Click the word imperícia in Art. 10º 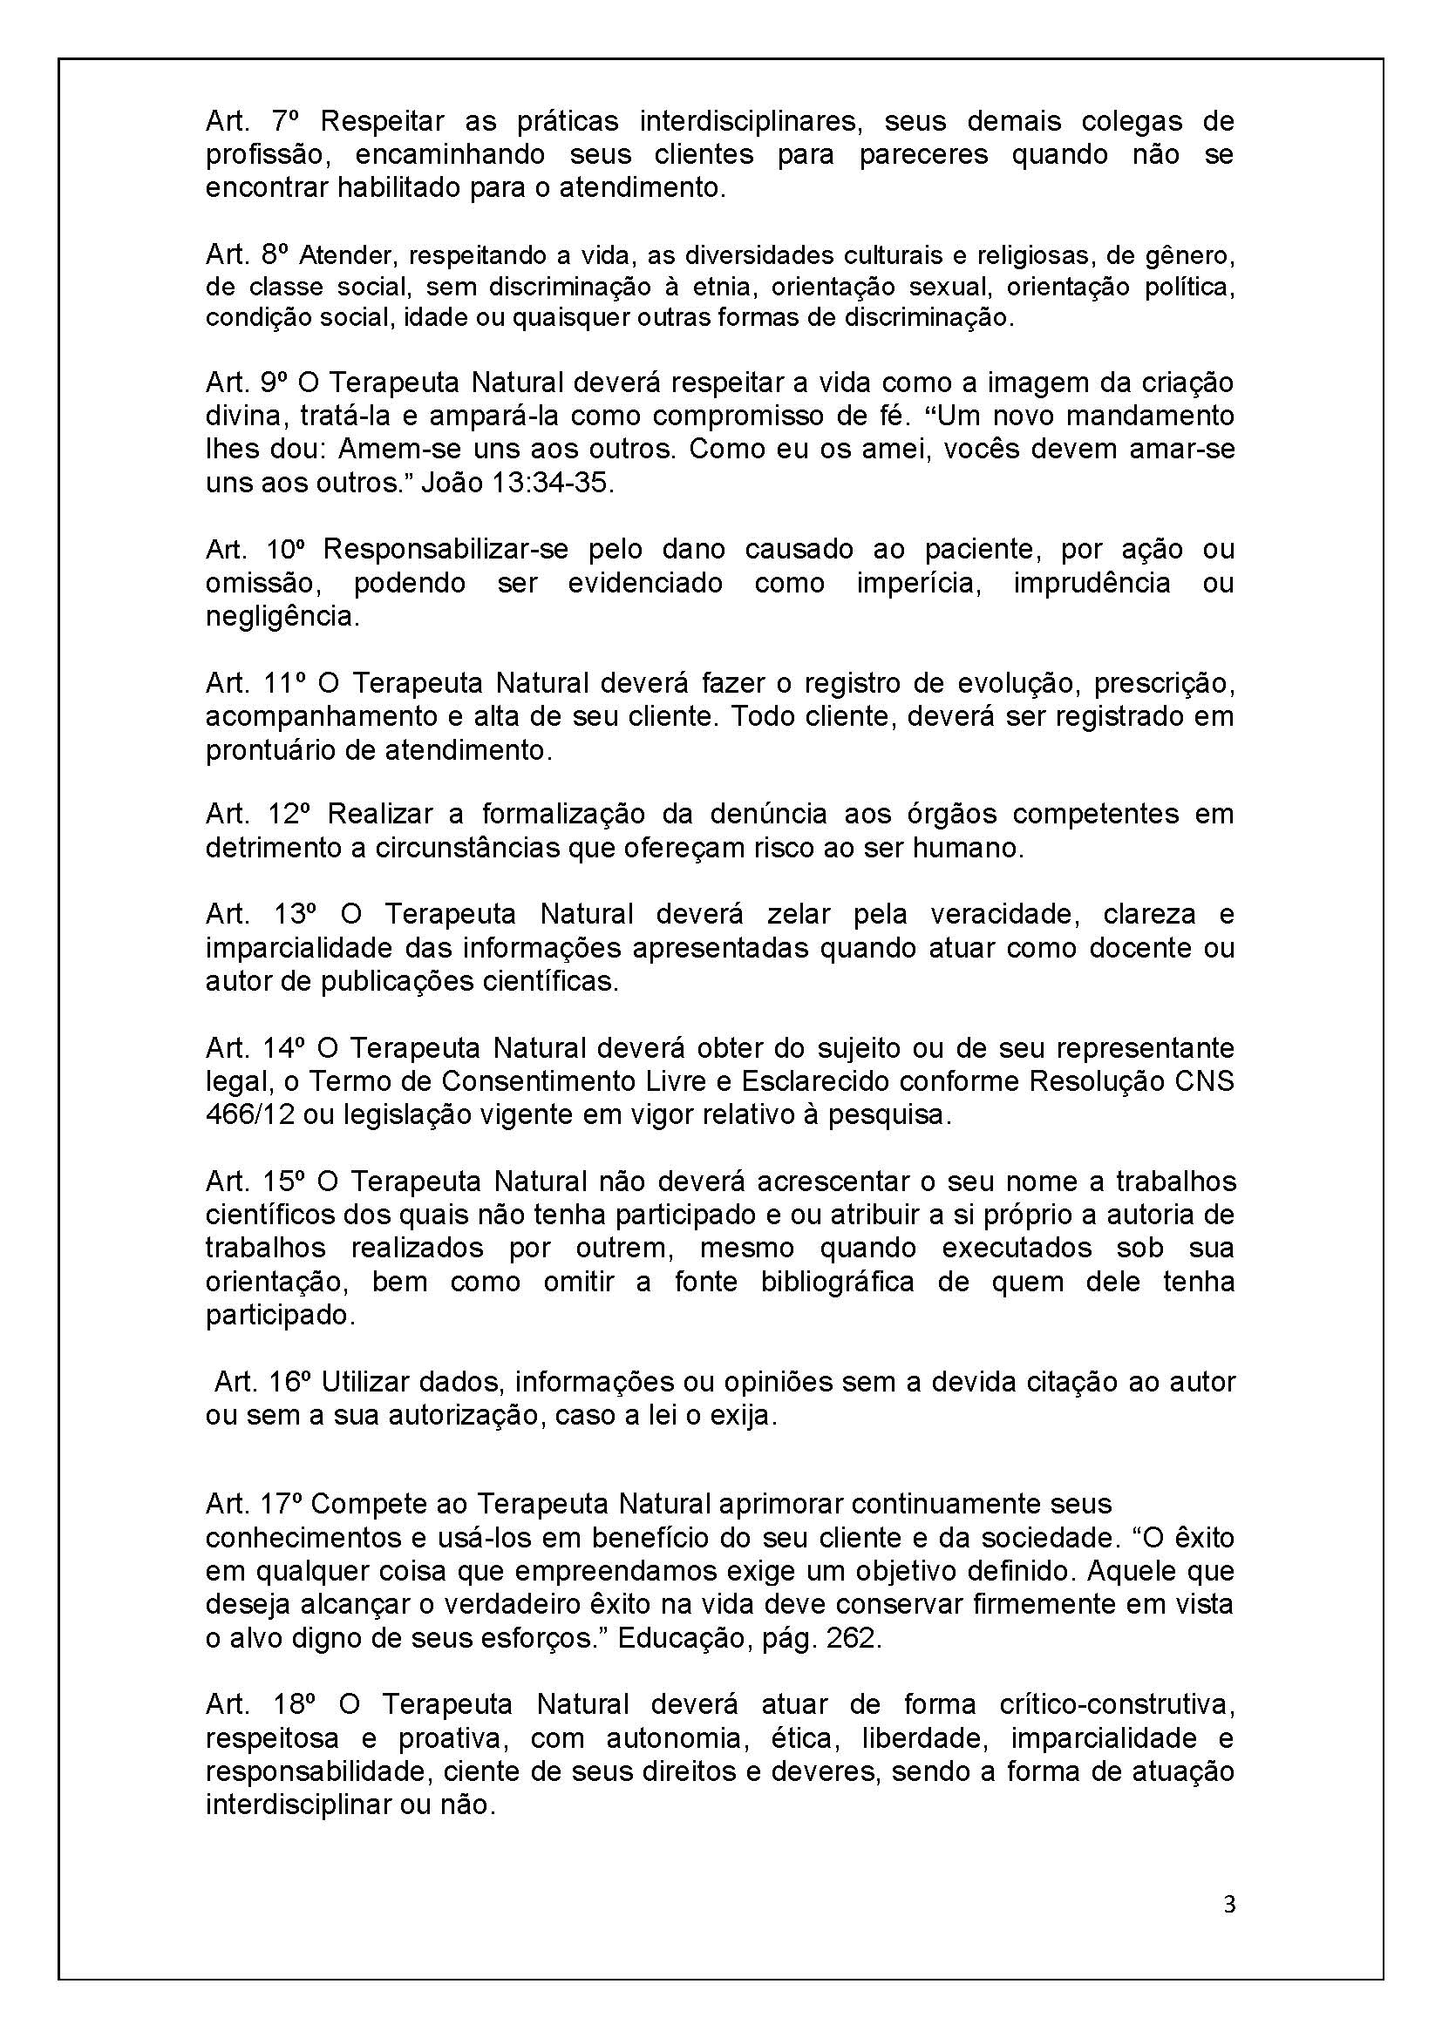[x=919, y=583]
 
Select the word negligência [x=283, y=617]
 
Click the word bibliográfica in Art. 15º [x=837, y=1282]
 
